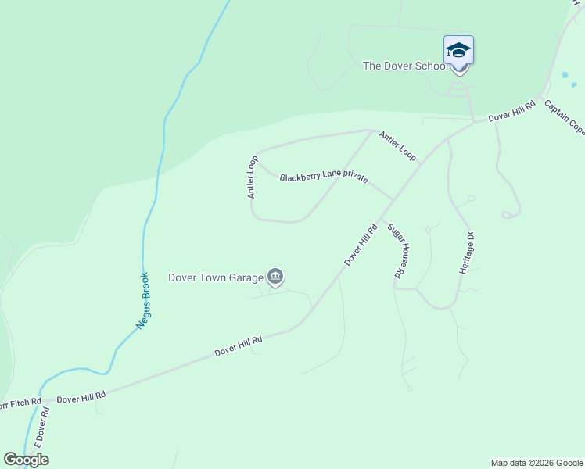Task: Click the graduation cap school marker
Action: (458, 51)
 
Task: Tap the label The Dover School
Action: (405, 66)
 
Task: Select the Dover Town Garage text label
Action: (215, 277)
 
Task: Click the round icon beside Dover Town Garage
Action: (275, 276)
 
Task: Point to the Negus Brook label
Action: (142, 300)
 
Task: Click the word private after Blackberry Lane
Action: (354, 178)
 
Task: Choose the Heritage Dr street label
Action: (467, 252)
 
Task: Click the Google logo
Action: (26, 460)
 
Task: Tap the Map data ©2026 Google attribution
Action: (537, 463)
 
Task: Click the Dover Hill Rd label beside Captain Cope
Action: (511, 110)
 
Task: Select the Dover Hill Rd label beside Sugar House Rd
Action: (361, 244)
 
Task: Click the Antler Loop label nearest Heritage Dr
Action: (397, 145)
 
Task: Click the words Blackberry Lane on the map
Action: (309, 177)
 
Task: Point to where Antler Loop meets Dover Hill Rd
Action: (422, 163)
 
